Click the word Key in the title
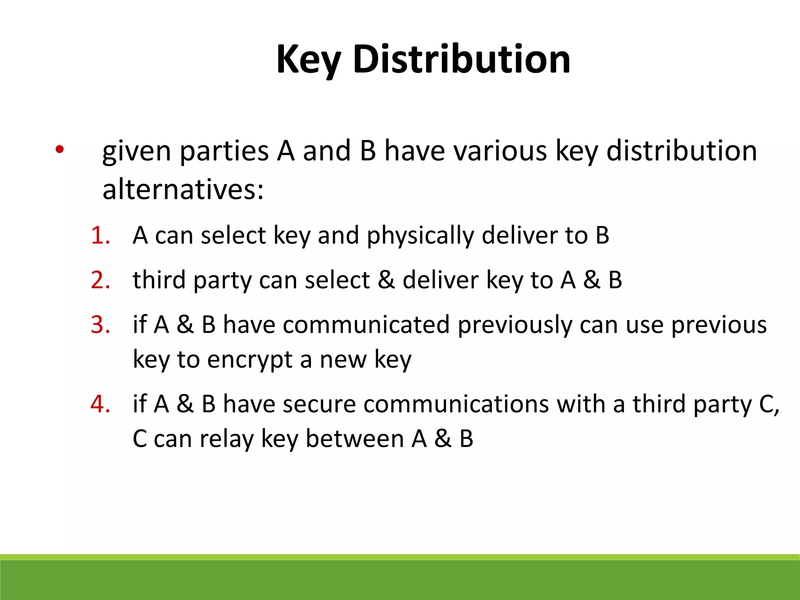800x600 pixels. [309, 59]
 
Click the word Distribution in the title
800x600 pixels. [462, 59]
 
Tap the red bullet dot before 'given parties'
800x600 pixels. [59, 149]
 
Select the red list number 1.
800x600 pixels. [100, 236]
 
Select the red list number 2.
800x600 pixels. [100, 280]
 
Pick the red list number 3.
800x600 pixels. [100, 325]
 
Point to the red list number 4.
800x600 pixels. [100, 404]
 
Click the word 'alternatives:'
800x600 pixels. [183, 189]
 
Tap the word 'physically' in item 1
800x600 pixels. [420, 236]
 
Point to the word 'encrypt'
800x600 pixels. [250, 360]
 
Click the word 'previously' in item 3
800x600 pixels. [515, 325]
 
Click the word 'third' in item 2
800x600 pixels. [159, 280]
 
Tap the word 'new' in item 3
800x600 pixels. [343, 360]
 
